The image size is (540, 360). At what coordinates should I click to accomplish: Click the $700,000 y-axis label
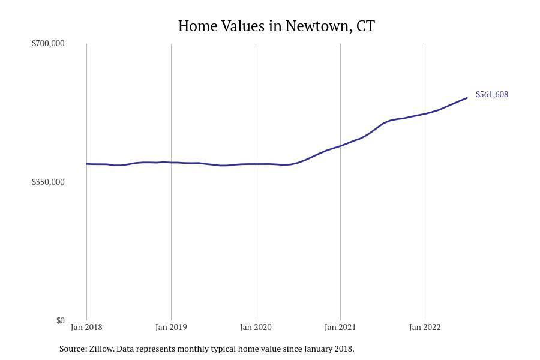[48, 43]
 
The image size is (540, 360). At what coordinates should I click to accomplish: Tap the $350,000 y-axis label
[48, 182]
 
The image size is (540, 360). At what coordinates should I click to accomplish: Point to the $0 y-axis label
[60, 320]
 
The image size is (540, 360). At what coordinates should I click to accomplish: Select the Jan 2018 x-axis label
[86, 327]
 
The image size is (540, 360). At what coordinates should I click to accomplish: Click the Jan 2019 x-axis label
[171, 327]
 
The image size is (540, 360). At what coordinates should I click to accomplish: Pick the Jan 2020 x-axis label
[256, 327]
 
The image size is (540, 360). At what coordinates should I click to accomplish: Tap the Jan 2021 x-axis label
[340, 327]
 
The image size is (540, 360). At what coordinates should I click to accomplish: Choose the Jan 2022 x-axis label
[425, 327]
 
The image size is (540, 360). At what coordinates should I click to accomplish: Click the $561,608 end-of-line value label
[492, 94]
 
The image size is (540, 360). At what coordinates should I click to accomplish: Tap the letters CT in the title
[365, 26]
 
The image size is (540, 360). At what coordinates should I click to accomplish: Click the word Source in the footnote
[72, 349]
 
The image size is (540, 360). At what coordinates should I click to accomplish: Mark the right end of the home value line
[467, 98]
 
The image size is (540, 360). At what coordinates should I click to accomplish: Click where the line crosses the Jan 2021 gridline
[340, 146]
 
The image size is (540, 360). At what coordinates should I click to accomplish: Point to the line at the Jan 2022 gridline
[425, 113]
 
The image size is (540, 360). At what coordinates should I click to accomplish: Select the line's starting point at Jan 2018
[86, 164]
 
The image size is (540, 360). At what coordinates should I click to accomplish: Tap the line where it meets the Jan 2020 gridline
[256, 164]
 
